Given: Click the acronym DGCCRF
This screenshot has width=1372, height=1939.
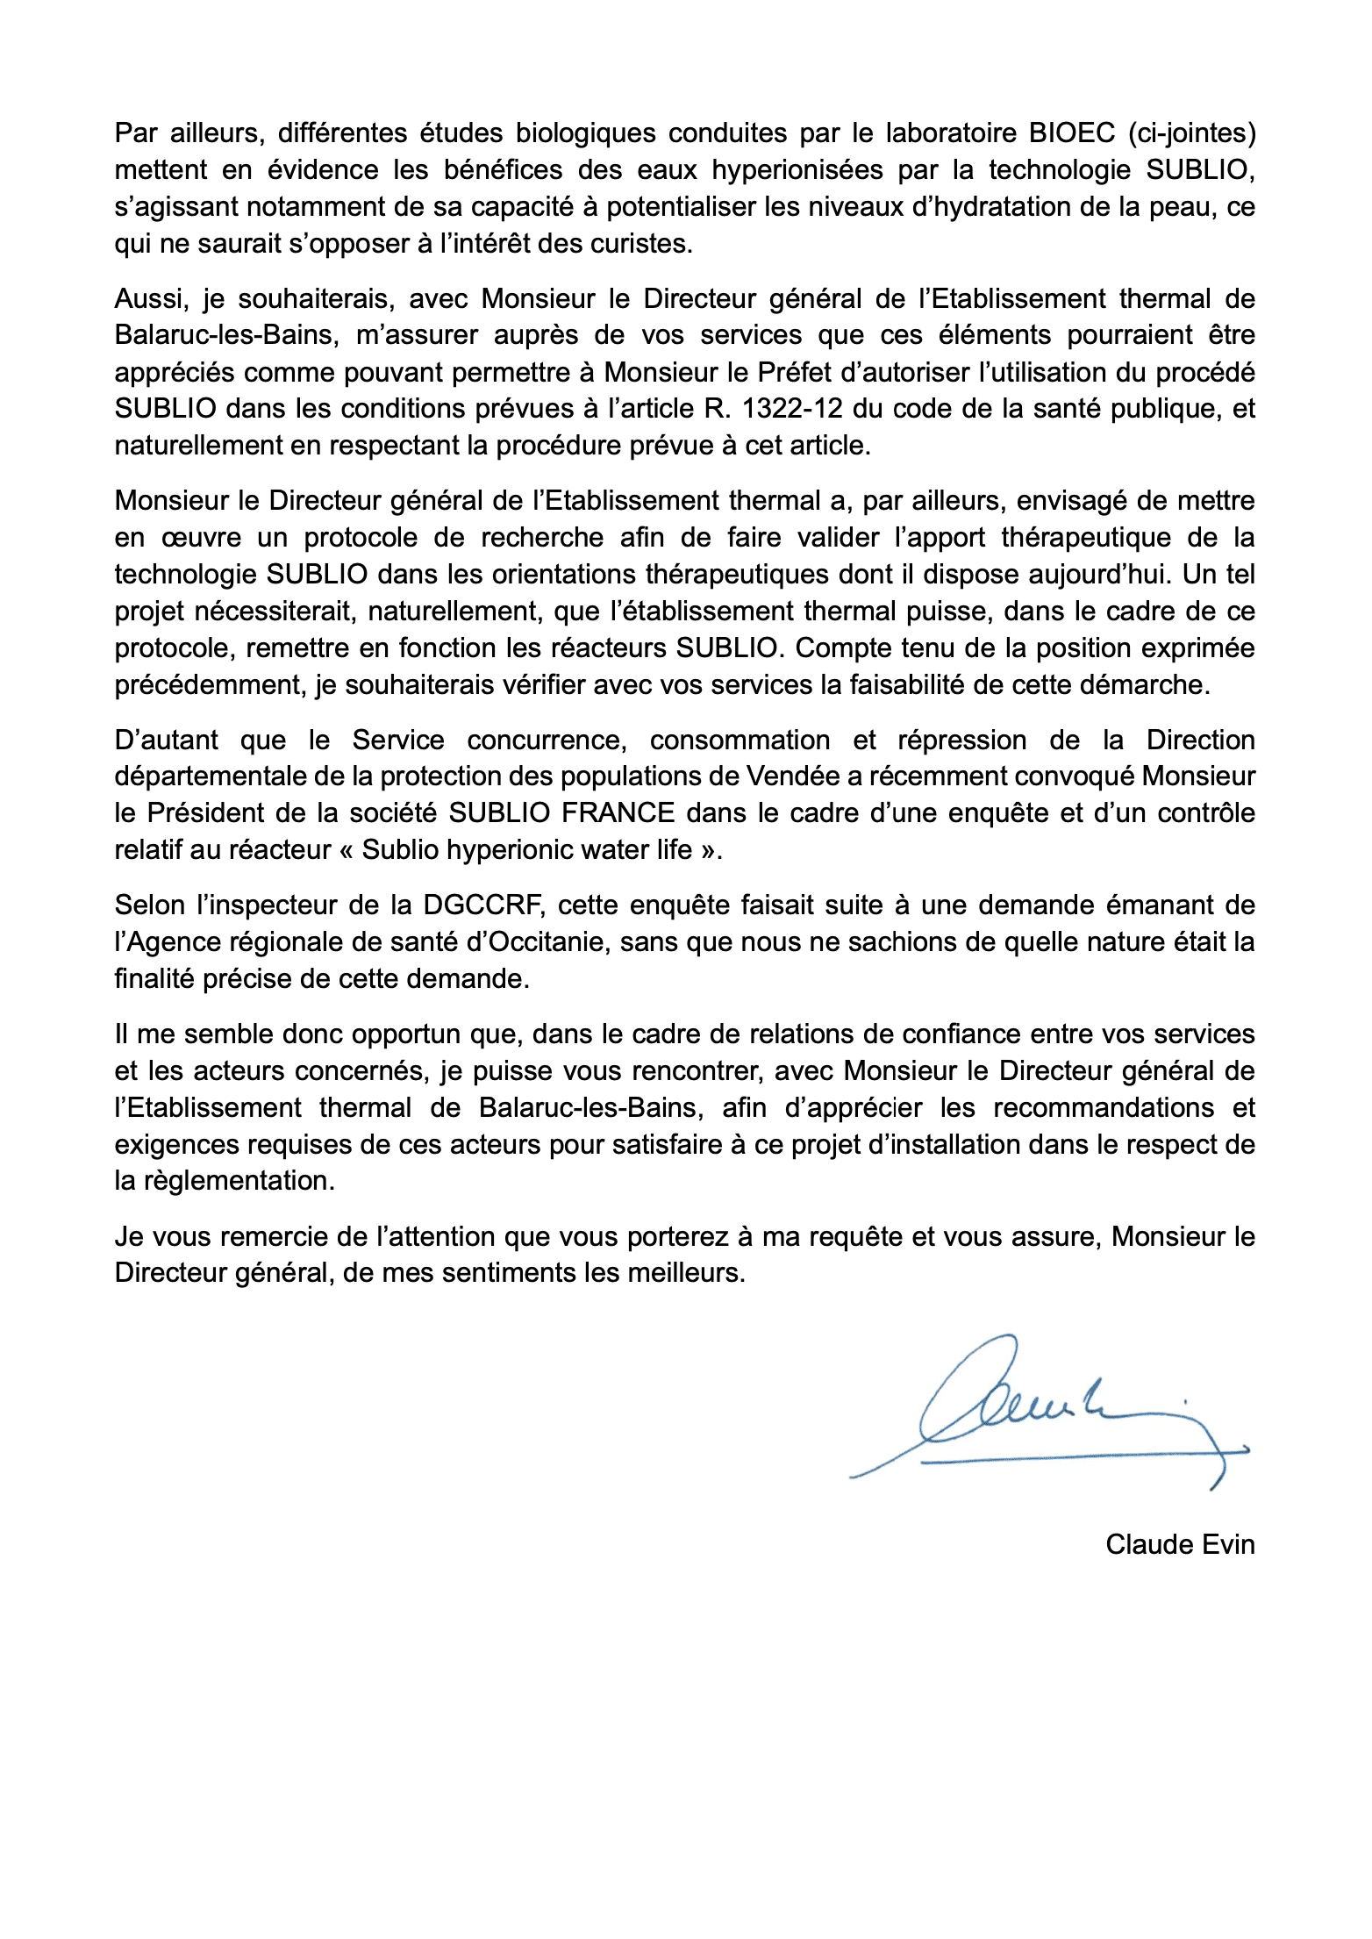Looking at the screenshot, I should pyautogui.click(x=484, y=905).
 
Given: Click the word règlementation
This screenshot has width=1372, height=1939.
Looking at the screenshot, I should pyautogui.click(x=224, y=1181).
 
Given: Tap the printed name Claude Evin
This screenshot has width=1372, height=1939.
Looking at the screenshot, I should pyautogui.click(x=1180, y=1544).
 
